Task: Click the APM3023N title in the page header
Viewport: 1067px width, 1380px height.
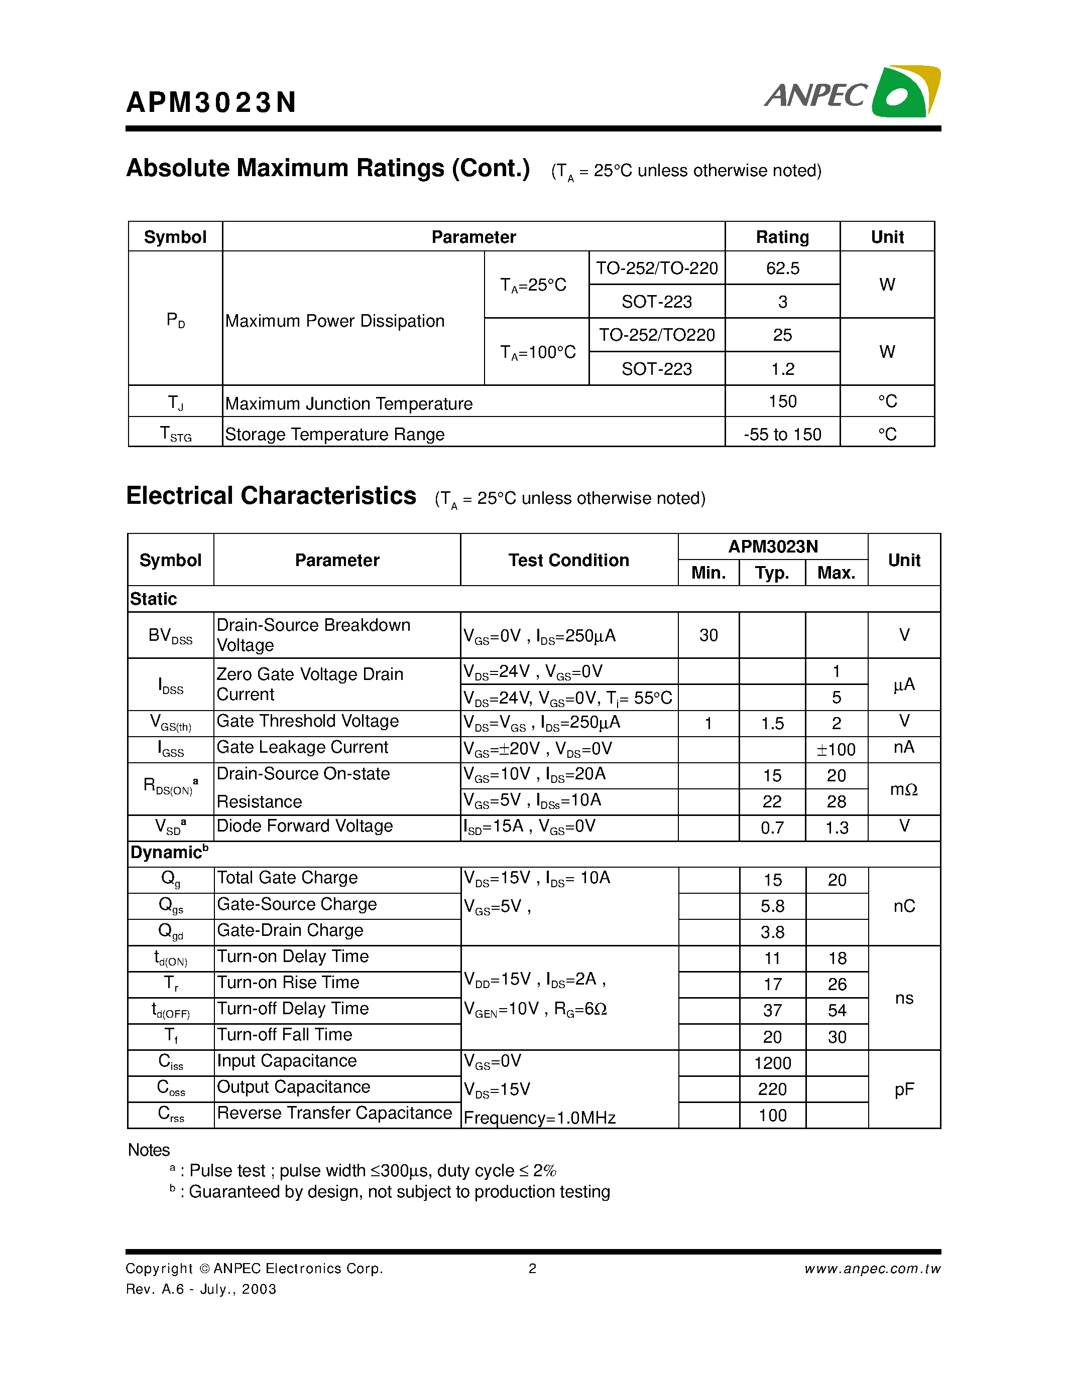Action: [x=211, y=102]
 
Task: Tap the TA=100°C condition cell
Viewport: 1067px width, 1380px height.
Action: [x=537, y=352]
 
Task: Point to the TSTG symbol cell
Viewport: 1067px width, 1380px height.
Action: [x=175, y=434]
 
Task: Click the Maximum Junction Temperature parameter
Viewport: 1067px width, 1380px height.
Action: [x=348, y=403]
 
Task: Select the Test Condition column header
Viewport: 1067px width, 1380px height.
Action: [x=568, y=560]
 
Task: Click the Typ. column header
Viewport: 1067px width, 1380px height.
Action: [x=772, y=573]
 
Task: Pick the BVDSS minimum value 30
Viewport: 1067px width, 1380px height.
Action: [x=708, y=635]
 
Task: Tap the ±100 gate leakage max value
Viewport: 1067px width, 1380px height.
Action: [x=836, y=749]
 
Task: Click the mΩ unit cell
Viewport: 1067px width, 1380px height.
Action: [x=903, y=789]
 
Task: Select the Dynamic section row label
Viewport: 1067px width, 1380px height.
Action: [x=169, y=853]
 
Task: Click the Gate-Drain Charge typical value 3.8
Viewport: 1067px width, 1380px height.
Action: [x=772, y=932]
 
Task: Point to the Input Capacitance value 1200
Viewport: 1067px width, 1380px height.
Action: [x=772, y=1063]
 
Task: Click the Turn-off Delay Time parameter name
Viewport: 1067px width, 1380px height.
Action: [x=293, y=1009]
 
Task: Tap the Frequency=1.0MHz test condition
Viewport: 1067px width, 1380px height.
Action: [x=539, y=1118]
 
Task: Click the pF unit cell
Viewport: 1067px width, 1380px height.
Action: [x=904, y=1089]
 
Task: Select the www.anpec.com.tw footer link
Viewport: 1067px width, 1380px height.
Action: [x=872, y=1268]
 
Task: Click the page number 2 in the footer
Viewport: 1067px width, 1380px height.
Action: [x=532, y=1268]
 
